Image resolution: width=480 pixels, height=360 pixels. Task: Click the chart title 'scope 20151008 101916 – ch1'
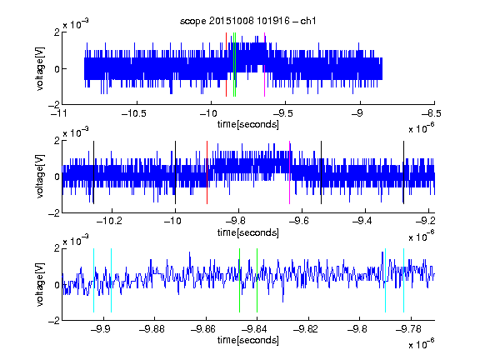coord(247,21)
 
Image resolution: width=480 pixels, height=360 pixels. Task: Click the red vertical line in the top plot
coord(226,65)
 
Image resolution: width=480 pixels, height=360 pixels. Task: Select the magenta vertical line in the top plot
coord(264,65)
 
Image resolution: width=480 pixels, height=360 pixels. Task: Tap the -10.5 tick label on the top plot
coord(134,113)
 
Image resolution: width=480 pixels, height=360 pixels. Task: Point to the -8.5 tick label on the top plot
coord(431,113)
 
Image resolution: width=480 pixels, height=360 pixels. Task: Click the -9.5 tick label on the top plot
coord(282,113)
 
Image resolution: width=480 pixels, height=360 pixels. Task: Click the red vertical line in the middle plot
coord(207,172)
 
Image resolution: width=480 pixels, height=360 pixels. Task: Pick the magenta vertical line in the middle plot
coord(290,172)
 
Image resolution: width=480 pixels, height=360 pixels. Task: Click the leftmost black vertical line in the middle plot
coord(93,172)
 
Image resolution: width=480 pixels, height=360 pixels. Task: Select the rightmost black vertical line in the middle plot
coord(403,172)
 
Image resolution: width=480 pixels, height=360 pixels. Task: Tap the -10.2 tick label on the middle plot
coord(109,220)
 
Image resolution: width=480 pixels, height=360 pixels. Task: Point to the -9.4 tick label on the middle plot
coord(362,220)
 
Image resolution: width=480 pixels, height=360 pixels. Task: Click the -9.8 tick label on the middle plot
coord(235,220)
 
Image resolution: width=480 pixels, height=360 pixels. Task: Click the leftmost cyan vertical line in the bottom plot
coord(93,280)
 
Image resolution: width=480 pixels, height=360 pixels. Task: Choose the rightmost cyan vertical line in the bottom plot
coord(403,280)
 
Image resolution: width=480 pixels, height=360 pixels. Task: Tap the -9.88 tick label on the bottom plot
coord(152,329)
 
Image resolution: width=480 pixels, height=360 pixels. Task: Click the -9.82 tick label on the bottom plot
coord(306,329)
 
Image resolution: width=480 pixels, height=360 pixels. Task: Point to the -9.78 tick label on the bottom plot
coord(408,329)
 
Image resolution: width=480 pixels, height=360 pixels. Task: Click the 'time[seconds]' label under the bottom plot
coord(248,340)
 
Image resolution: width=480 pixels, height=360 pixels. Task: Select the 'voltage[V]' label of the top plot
coord(40,68)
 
